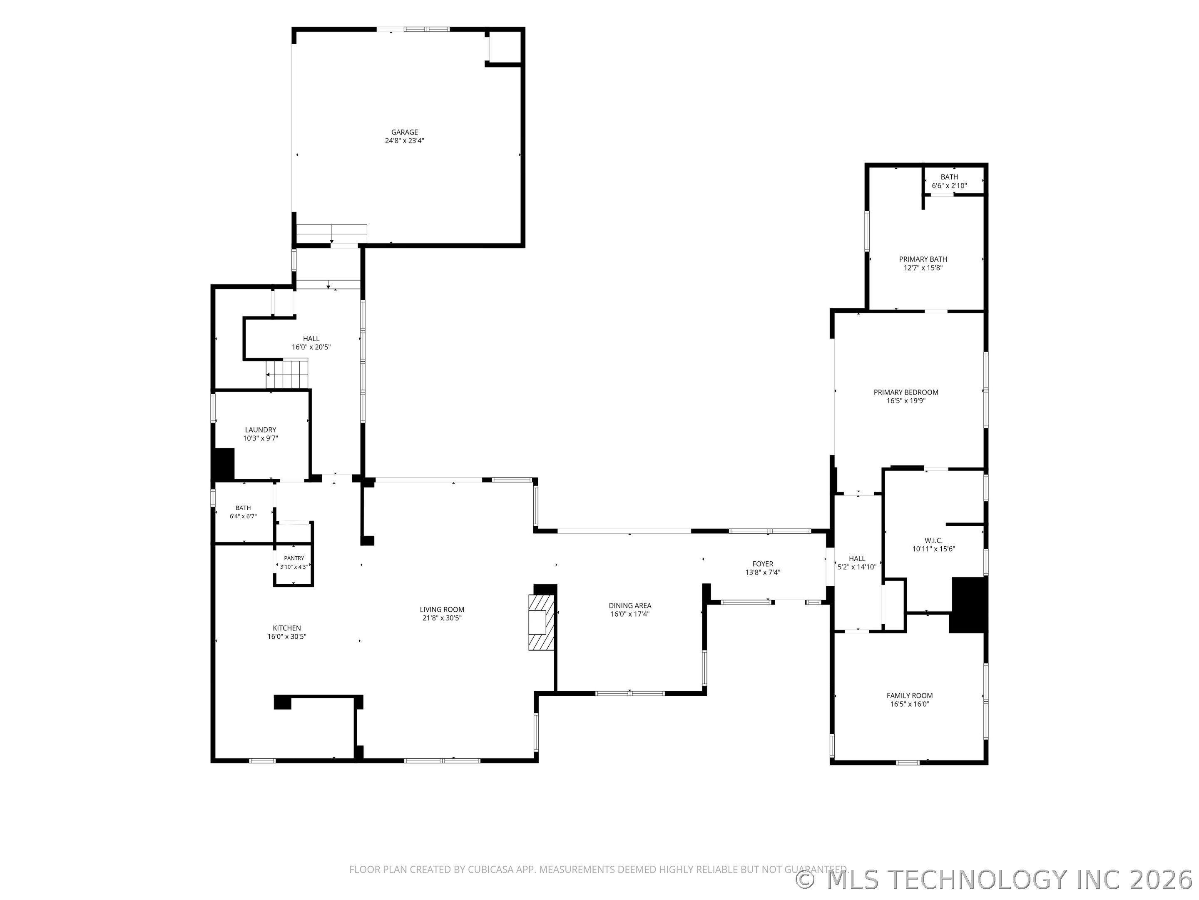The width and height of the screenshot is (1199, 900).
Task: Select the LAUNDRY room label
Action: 260,430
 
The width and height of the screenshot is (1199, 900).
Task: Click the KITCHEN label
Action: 287,628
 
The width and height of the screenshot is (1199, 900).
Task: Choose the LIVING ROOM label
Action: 442,609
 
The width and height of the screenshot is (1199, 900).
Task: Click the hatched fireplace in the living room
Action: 542,622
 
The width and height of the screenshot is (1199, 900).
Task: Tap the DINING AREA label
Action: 630,605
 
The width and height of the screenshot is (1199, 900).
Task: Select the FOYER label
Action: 763,564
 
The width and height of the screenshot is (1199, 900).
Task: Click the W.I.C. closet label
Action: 933,540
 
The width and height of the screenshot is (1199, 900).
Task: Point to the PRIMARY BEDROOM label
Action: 906,392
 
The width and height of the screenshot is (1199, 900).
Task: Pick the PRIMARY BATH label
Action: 923,259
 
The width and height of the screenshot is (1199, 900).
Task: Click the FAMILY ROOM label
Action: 910,695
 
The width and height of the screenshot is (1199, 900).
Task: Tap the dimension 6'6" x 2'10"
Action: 949,185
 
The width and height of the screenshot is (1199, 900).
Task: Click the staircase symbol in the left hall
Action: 287,374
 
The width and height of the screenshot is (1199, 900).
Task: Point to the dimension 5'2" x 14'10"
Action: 857,567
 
